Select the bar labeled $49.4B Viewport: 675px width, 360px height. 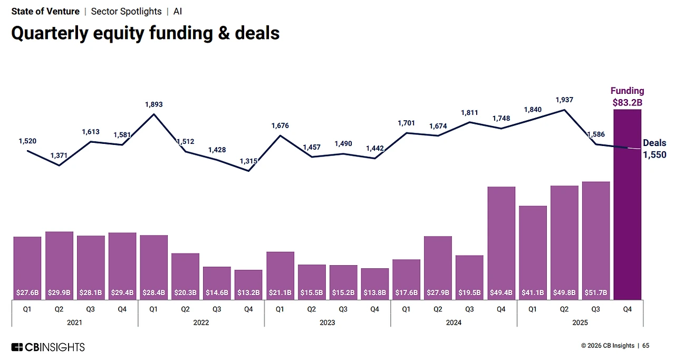[502, 242]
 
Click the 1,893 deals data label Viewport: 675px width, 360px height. [154, 104]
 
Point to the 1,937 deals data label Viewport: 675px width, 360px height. [564, 100]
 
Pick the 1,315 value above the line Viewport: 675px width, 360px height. [248, 161]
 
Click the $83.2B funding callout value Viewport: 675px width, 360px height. [627, 102]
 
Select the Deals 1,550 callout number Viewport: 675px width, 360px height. [654, 154]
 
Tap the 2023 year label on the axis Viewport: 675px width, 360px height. [327, 322]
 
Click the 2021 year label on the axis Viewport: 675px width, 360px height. [74, 322]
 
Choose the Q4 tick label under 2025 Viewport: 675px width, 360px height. [628, 309]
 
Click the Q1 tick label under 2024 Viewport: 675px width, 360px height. [406, 309]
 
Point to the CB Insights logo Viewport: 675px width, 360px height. [48, 347]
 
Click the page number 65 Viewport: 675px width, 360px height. [645, 346]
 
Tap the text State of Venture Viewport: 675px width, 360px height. [45, 11]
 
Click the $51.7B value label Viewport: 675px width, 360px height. [596, 291]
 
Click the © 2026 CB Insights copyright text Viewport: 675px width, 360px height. [607, 346]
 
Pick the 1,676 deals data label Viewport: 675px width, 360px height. [280, 125]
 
